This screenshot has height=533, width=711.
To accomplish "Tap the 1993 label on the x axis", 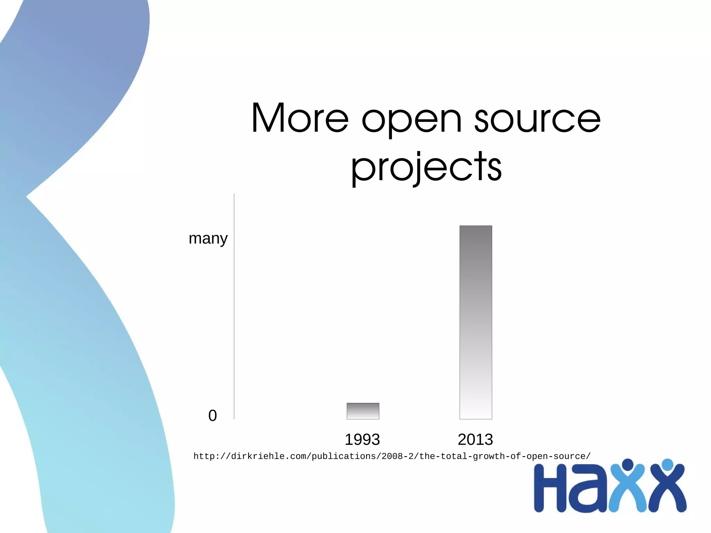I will (362, 440).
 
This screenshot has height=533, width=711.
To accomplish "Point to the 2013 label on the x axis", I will (475, 440).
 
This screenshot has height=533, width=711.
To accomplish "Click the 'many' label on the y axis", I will (208, 239).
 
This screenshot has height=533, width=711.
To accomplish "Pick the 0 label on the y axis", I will (212, 416).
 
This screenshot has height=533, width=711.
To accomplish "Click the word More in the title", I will (300, 118).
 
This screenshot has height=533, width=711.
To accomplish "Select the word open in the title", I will (412, 120).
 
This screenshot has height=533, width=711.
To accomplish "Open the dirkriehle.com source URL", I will (392, 456).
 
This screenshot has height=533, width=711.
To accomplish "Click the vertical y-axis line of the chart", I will (234, 306).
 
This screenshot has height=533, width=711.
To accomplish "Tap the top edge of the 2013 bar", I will (476, 226).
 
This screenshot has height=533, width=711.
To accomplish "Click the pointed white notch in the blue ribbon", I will (31, 197).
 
